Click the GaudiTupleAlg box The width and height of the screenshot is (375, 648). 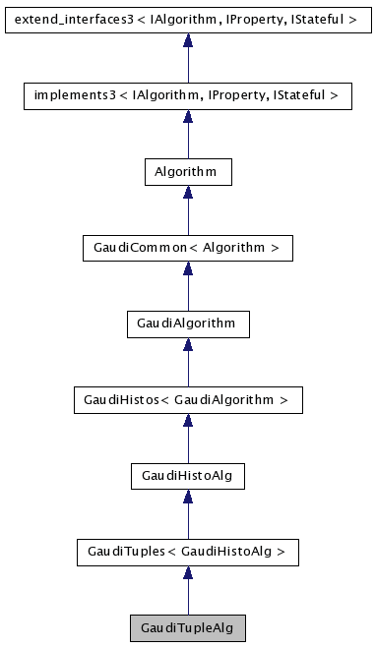pyautogui.click(x=187, y=627)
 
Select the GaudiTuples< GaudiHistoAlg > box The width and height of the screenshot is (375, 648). pyautogui.click(x=187, y=552)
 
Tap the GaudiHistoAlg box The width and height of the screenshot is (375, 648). pyautogui.click(x=187, y=476)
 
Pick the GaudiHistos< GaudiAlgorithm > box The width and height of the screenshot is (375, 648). pyautogui.click(x=187, y=400)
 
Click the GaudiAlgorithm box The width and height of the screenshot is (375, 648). pyautogui.click(x=187, y=324)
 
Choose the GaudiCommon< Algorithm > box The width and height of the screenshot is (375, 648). pyautogui.click(x=187, y=248)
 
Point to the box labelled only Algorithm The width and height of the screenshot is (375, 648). pyautogui.click(x=187, y=171)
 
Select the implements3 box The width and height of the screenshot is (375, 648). pyautogui.click(x=187, y=95)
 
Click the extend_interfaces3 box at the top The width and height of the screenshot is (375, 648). pyautogui.click(x=187, y=19)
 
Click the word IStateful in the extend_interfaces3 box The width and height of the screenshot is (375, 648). pyautogui.click(x=326, y=19)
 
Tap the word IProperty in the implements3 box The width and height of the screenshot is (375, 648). pyautogui.click(x=242, y=95)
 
